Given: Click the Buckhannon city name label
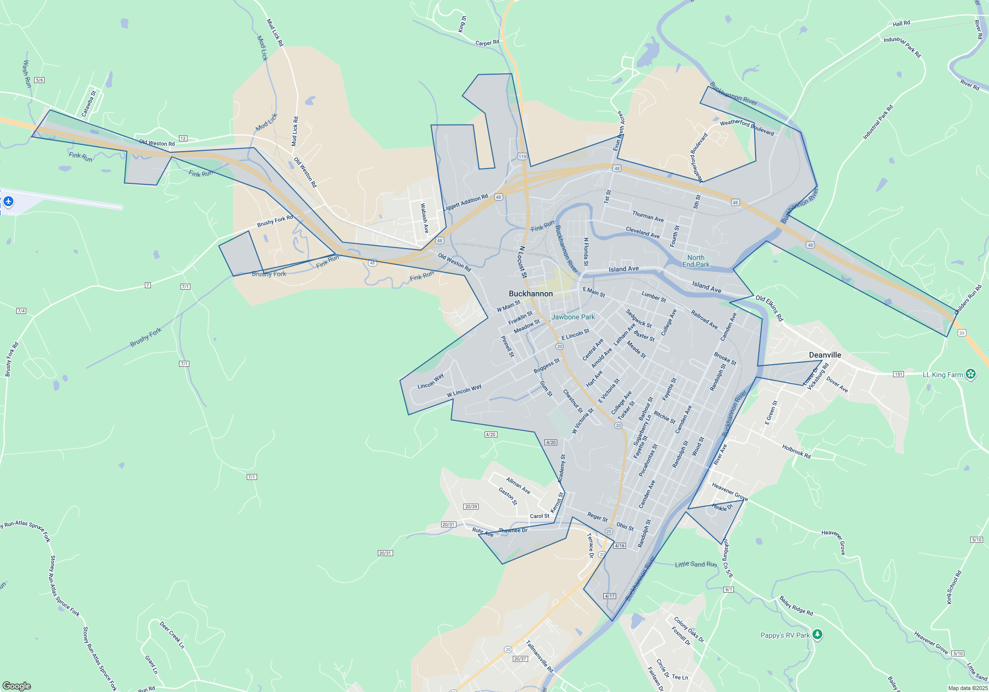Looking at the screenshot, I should pos(531,294).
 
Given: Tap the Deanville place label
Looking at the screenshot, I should pos(825,355).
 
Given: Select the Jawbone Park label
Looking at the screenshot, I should pos(573,317).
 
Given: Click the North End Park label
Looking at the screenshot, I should pos(696,261).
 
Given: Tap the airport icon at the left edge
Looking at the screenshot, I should pos(8,202).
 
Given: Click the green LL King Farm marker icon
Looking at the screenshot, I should pos(971,374).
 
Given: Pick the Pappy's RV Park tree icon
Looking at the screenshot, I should pos(817,634).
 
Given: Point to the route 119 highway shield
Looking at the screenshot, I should pos(522,157).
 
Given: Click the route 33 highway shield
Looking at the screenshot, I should pos(961,333).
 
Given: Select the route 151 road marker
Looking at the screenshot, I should pos(898,374).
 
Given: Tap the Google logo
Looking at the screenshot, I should pos(17,686).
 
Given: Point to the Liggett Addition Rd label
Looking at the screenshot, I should pos(465,202).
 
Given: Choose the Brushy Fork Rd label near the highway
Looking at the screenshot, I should pos(275,221).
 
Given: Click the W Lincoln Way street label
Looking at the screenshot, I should pos(464,391).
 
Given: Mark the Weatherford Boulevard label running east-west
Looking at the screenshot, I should pos(747,127).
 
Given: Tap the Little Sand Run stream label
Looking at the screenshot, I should pos(696,564).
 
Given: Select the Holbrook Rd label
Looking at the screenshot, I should pos(796,451).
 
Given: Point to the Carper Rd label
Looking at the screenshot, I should pos(487,43).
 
